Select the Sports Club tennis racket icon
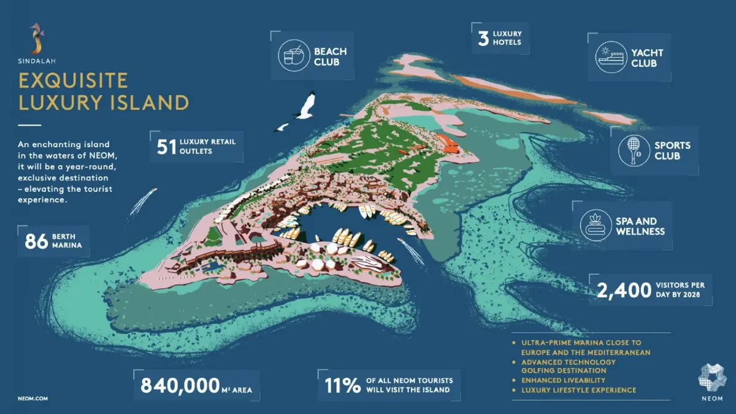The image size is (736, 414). tap(634, 151)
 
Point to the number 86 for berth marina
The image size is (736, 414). tap(36, 241)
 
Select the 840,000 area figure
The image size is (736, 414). tap(179, 385)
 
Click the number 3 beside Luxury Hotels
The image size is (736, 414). tap(483, 37)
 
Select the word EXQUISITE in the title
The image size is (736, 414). tap(73, 80)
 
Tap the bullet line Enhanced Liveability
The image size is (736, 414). tap(563, 380)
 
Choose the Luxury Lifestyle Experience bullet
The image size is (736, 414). tap(578, 390)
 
